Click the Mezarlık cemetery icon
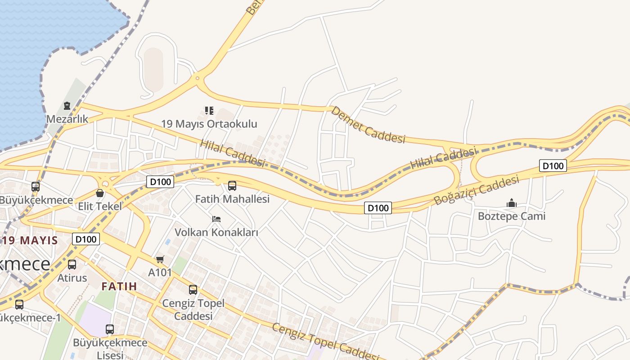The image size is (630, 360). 67,106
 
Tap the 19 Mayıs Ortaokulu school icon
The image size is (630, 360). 209,110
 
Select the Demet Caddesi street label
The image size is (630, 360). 368,125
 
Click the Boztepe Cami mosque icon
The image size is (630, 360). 511,203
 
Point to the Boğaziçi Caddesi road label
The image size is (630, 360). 476,190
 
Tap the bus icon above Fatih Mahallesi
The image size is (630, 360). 232,185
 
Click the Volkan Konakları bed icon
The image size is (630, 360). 216,219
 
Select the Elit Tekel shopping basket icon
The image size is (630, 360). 100,193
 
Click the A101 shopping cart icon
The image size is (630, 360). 160,259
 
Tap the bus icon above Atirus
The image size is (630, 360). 72,265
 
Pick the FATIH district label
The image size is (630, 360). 119,286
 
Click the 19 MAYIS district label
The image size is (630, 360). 30,240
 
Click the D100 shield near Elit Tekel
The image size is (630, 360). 160,182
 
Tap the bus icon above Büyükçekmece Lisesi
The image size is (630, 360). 110,329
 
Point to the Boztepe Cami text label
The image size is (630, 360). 511,216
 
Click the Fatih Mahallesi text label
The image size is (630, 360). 232,198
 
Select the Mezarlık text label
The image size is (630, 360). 67,119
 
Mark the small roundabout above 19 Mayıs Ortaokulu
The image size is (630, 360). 197,78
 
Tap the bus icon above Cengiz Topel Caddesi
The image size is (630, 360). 193,290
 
